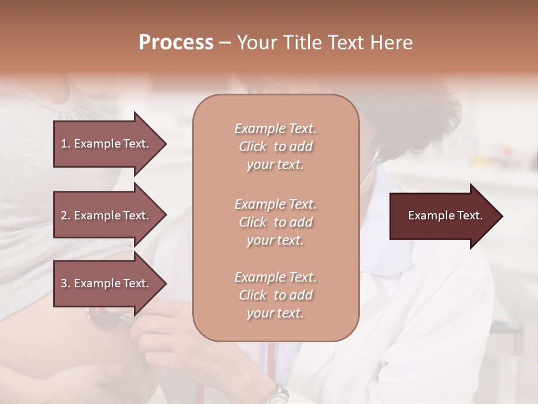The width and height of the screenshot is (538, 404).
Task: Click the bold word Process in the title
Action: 176,43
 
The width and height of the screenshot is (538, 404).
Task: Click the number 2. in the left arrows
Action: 66,215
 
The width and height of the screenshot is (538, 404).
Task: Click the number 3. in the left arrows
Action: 66,283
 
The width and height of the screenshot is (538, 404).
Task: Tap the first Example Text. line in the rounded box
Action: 275,128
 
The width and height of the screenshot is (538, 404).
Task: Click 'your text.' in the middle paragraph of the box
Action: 275,240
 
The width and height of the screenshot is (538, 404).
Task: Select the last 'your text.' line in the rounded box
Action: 275,313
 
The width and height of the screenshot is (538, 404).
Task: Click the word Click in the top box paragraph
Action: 253,146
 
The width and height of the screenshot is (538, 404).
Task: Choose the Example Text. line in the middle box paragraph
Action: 275,204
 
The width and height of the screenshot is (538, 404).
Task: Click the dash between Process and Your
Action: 225,43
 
